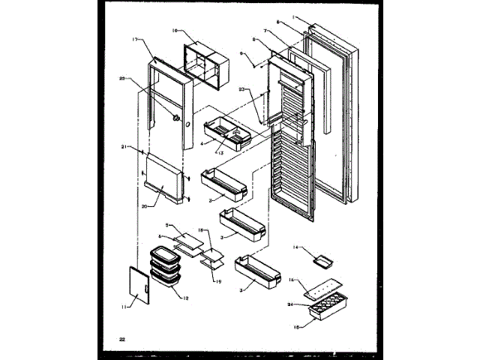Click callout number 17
pos(136,42)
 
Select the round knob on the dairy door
pos(175,118)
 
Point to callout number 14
pos(295,247)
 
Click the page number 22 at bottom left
pos(119,340)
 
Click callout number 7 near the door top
pos(266,31)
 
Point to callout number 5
pos(169,226)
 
